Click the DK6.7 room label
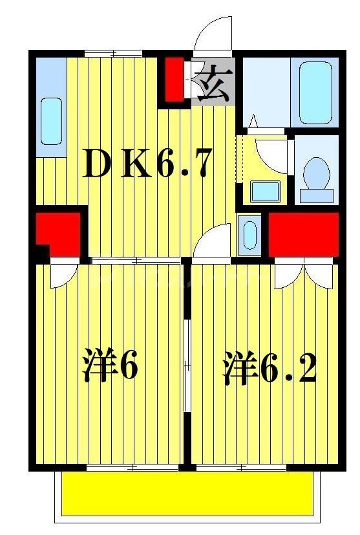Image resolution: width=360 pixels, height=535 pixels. pyautogui.click(x=147, y=166)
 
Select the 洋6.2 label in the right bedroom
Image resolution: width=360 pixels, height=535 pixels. pyautogui.click(x=270, y=369)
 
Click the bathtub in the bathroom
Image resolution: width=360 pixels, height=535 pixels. pyautogui.click(x=314, y=94)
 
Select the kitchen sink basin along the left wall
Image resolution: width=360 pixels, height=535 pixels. pyautogui.click(x=51, y=121)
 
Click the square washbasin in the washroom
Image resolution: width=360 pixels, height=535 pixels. pyautogui.click(x=265, y=191)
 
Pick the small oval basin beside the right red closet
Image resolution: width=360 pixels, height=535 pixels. pyautogui.click(x=248, y=234)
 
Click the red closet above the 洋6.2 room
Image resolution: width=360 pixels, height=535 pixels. pyautogui.click(x=303, y=234)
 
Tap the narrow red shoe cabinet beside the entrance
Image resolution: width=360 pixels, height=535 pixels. pyautogui.click(x=174, y=80)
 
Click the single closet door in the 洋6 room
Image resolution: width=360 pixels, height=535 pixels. pyautogui.click(x=63, y=274)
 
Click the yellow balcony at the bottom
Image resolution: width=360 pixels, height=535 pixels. pyautogui.click(x=188, y=494)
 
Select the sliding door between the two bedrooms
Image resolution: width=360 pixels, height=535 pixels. pyautogui.click(x=186, y=366)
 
